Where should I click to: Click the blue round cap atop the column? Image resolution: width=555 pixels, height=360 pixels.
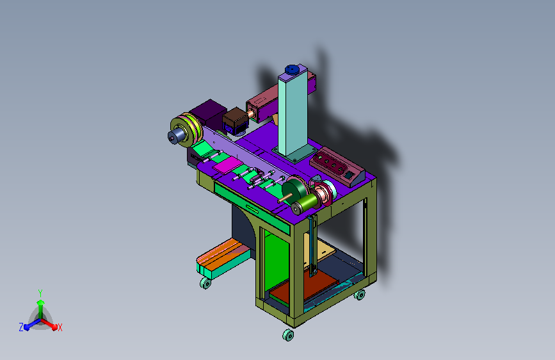point(292,69)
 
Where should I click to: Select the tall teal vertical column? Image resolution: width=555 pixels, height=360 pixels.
point(293,113)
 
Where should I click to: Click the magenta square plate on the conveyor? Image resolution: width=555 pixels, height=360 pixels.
point(228,165)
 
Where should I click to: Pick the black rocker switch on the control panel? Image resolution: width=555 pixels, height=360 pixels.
point(349,175)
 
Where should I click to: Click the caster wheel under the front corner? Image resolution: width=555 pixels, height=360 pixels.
point(288,335)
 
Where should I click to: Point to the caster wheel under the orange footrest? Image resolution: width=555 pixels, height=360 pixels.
point(205,283)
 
